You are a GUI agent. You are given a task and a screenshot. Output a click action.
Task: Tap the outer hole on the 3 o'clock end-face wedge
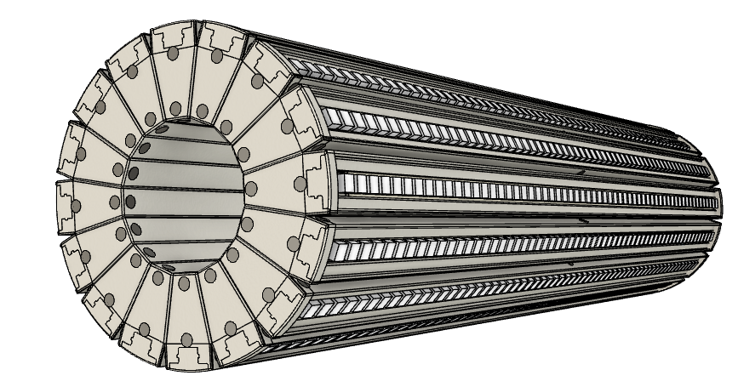tap(299, 184)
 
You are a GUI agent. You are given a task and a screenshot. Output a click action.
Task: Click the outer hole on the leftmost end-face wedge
tap(75, 205)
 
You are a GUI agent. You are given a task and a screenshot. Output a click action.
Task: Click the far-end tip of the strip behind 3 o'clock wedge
tap(719, 204)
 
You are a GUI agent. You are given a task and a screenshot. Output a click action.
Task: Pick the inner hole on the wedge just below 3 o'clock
tap(248, 225)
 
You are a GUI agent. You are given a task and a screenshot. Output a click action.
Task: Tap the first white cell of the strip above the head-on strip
tap(334, 116)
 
